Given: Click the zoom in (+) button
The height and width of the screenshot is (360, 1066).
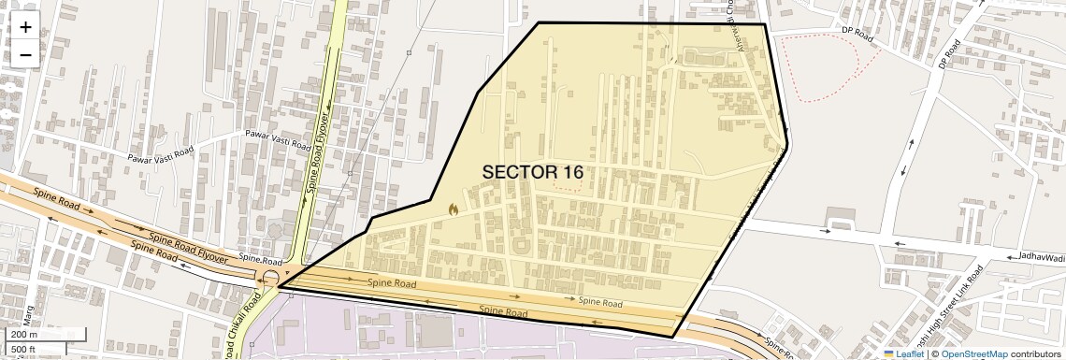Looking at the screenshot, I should point(25,27).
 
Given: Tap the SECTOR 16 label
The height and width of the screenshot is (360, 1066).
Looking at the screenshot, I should point(533,172).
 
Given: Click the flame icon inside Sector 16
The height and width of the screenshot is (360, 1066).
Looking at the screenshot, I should point(454,210).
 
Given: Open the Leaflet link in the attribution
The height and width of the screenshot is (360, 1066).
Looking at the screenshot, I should point(910,353).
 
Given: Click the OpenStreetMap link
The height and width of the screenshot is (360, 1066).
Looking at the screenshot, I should point(974,353).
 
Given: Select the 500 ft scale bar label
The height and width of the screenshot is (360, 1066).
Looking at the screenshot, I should point(24,350).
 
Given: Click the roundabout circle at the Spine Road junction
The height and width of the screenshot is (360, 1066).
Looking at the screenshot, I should point(270,279).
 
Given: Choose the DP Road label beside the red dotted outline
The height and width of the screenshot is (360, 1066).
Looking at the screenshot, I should point(857,35).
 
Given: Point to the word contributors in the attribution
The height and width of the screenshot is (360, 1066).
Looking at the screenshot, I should point(1035,353).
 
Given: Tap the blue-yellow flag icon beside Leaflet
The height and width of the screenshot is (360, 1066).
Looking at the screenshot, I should point(889,353).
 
